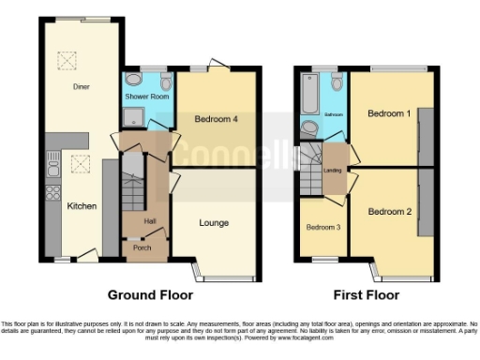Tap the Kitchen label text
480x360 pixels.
click(82, 205)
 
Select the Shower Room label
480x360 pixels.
click(145, 97)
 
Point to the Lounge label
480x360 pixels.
click(215, 222)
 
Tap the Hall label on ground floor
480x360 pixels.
click(150, 220)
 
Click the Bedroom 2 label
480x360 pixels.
click(389, 212)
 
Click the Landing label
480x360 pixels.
click(333, 170)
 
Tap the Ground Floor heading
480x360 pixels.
click(145, 294)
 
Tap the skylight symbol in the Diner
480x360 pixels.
click(67, 61)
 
